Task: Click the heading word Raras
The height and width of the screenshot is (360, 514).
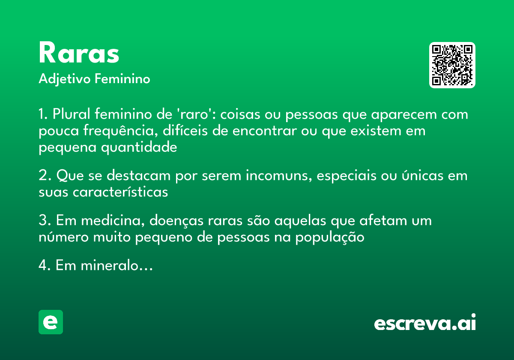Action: point(79,54)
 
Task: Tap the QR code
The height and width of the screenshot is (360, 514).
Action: point(452,65)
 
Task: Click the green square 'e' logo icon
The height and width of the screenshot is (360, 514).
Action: point(51,322)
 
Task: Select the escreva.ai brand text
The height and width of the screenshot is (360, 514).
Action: point(425,323)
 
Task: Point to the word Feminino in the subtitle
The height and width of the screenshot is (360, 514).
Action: point(123,79)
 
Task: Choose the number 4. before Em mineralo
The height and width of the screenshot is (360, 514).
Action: point(44,266)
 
